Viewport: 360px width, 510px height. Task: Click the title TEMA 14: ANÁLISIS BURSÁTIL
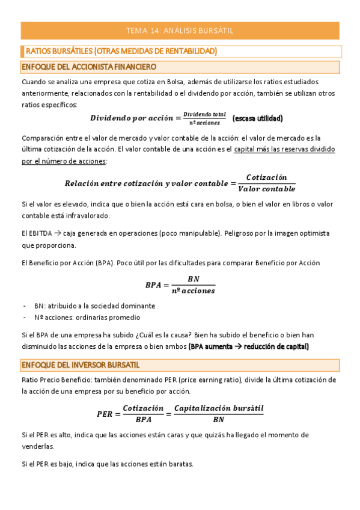click(180, 30)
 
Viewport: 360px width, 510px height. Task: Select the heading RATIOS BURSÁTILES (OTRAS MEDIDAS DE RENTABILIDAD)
click(121, 51)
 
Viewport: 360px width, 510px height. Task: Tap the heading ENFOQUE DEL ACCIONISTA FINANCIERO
click(88, 66)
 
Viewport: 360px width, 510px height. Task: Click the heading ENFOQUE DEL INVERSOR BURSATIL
click(88, 365)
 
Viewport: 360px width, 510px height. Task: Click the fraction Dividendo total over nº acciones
click(204, 118)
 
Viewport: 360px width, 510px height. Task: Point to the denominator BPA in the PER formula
click(143, 419)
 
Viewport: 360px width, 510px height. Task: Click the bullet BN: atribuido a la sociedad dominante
click(94, 306)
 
